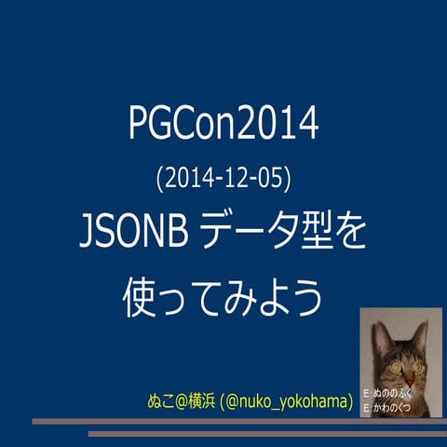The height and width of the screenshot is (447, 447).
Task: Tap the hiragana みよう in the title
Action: pos(278,298)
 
